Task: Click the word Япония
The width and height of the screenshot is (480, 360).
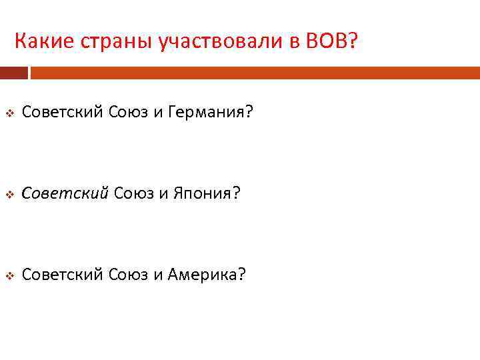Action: click(202, 193)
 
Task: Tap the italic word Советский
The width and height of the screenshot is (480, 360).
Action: click(65, 193)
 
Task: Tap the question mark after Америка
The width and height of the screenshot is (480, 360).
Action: click(241, 275)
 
